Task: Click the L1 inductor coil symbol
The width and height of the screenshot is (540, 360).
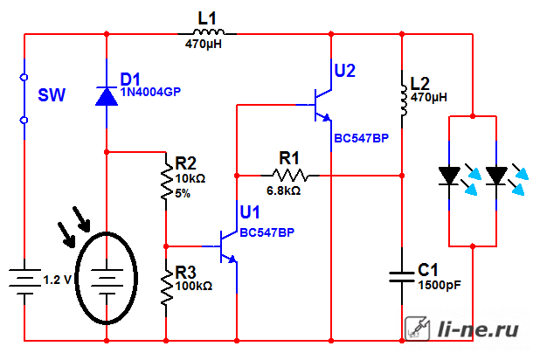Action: click(208, 32)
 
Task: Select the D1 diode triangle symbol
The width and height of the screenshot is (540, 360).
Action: click(107, 96)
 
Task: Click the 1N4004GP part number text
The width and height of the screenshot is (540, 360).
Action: click(150, 92)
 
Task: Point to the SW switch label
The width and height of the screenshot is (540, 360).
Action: click(52, 95)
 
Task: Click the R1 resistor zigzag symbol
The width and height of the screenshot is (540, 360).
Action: click(290, 176)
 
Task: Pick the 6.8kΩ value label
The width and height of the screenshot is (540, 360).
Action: click(283, 190)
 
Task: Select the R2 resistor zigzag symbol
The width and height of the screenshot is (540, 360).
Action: click(167, 180)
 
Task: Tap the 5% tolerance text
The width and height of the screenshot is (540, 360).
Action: click(183, 194)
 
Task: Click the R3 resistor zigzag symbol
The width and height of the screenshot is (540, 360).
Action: click(167, 287)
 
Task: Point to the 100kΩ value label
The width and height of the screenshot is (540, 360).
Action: click(194, 286)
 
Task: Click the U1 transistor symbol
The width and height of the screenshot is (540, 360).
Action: click(228, 246)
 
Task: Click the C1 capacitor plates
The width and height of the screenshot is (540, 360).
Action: click(402, 277)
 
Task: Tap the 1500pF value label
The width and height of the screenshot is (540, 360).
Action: click(440, 285)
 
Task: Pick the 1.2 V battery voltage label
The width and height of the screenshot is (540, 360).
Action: click(58, 280)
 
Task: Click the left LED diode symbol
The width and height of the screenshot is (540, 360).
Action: click(449, 176)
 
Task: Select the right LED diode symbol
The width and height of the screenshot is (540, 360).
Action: click(496, 176)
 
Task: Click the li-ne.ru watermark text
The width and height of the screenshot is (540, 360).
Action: click(478, 329)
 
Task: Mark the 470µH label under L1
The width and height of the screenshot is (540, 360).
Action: click(204, 44)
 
